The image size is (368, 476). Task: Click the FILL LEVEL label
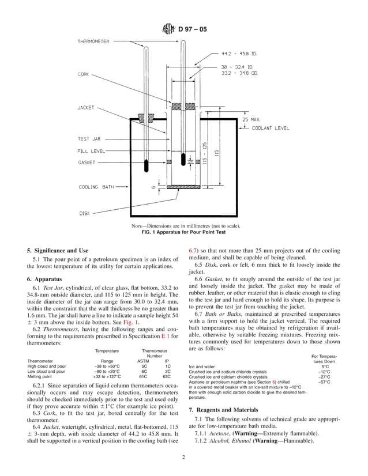click(91, 151)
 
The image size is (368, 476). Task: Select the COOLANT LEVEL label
click(271, 129)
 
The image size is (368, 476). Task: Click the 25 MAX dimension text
click(251, 119)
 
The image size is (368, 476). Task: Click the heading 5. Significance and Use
click(58, 251)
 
